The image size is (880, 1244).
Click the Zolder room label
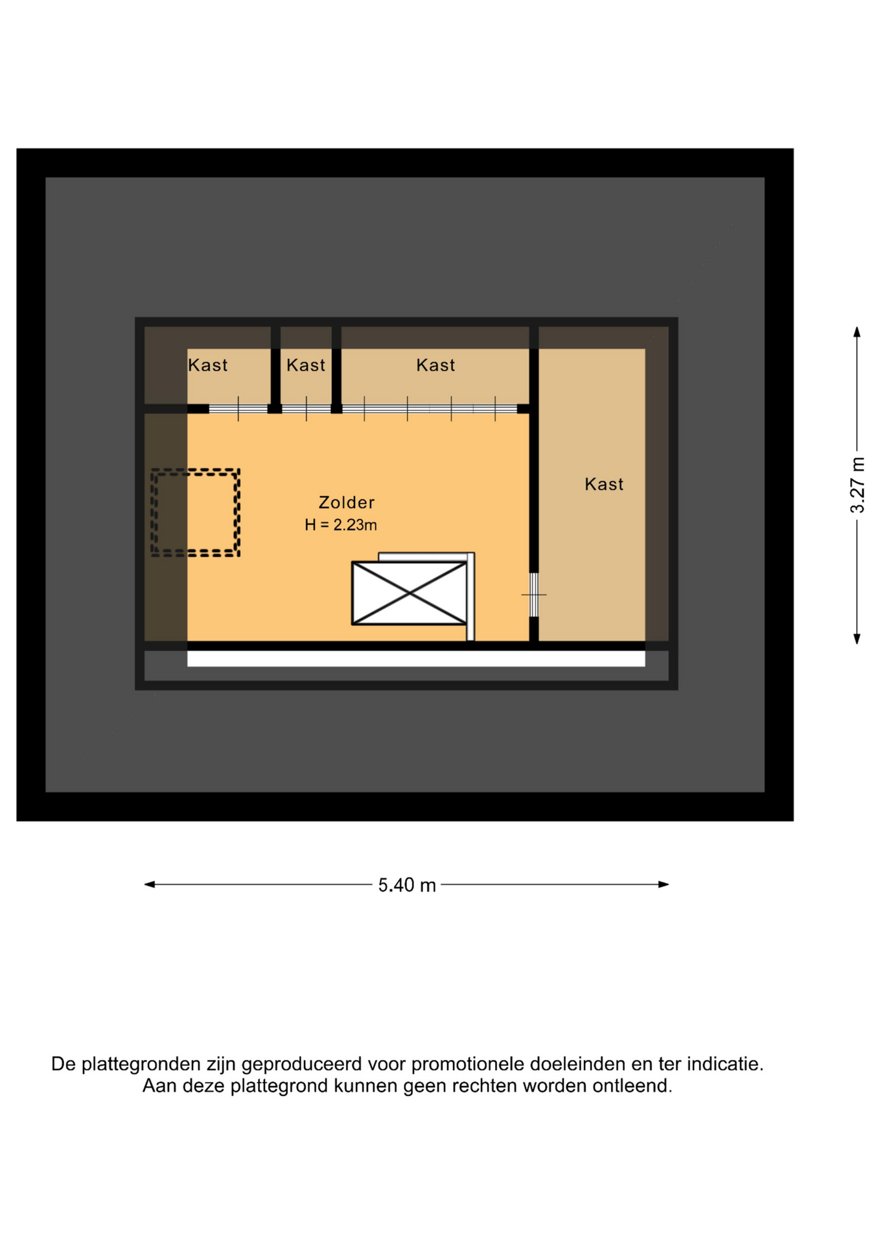346,502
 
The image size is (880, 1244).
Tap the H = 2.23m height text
341,525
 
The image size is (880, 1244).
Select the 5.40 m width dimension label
407,885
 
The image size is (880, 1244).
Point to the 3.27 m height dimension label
857,485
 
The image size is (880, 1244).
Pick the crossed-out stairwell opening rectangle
409,593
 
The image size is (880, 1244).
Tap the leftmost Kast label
207,365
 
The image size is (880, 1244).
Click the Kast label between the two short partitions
306,365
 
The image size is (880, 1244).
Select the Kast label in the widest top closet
435,365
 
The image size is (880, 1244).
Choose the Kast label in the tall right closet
604,484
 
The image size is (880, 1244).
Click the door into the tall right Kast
534,595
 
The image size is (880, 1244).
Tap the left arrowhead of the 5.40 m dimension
150,884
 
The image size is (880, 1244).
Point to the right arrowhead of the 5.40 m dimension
664,884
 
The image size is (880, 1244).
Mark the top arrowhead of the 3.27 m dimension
857,332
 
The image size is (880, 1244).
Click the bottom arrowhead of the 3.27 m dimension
857,639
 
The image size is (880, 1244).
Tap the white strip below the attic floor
416,659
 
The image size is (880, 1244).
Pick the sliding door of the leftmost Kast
238,409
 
